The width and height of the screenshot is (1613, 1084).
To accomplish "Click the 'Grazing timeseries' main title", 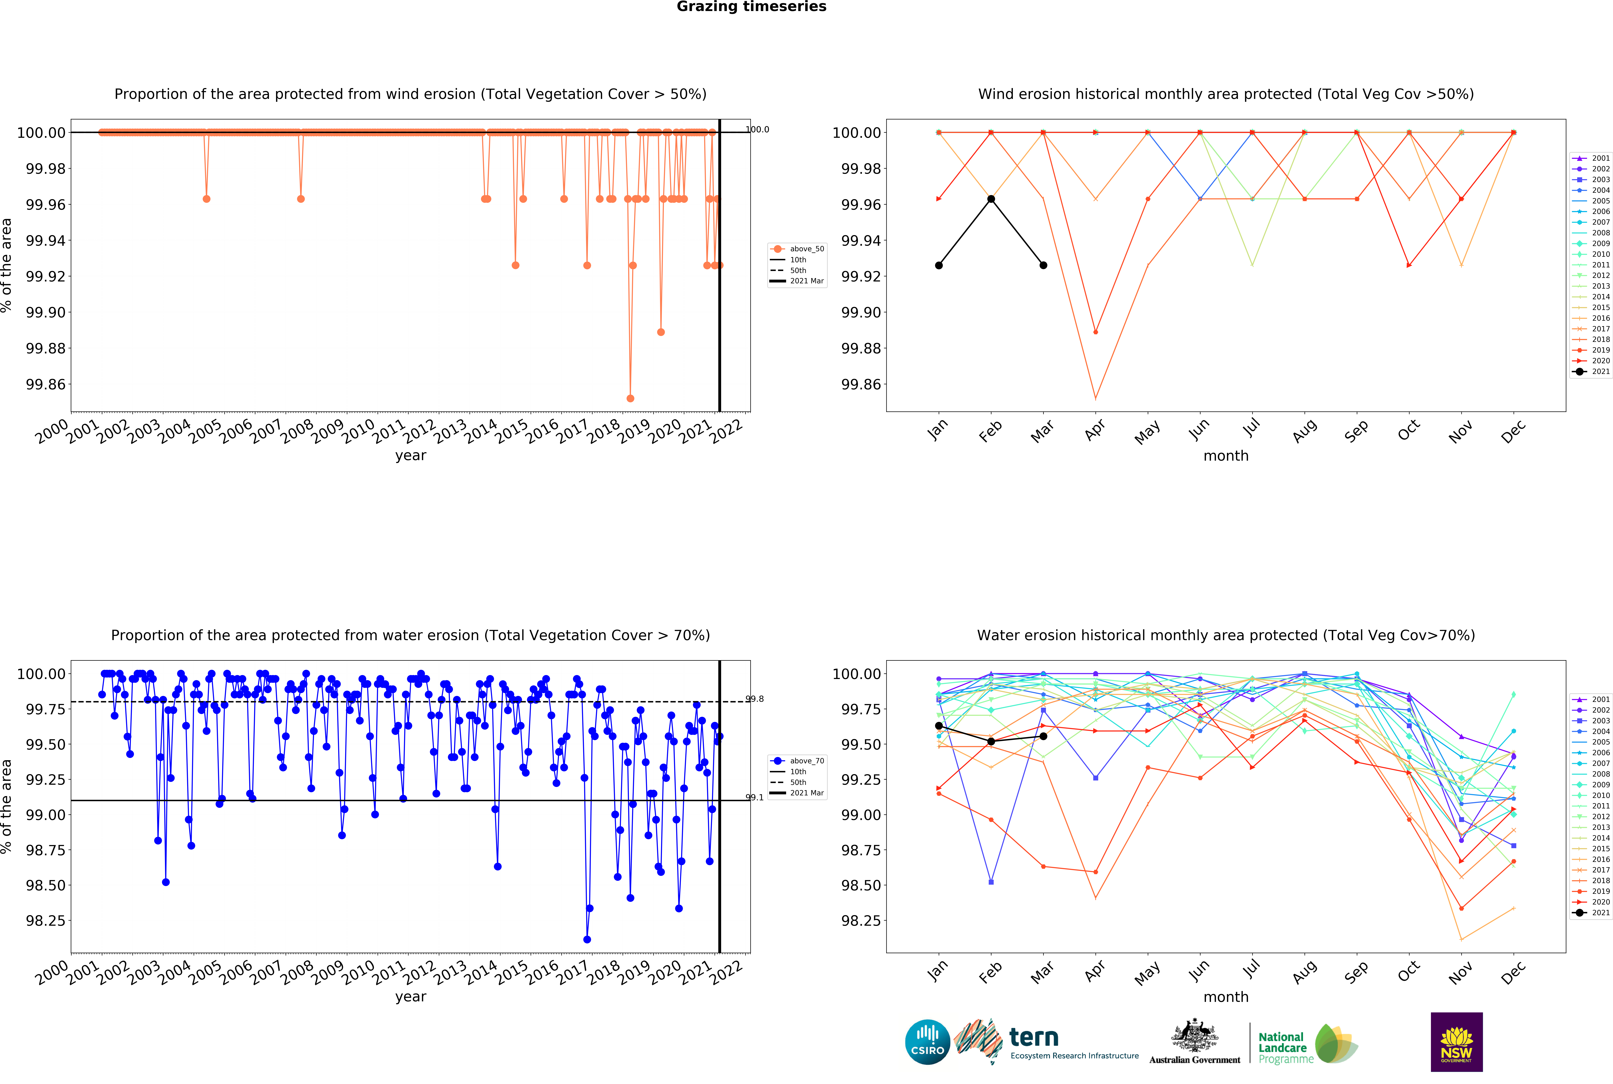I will [751, 7].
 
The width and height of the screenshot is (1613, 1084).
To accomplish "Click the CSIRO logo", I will [927, 1041].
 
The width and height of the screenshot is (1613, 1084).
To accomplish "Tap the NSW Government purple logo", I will [1456, 1041].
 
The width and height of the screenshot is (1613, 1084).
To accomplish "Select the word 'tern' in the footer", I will [1034, 1037].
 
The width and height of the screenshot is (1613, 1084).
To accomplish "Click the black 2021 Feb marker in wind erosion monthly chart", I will [991, 199].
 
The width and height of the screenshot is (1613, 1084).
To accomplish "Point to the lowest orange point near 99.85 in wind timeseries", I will [630, 398].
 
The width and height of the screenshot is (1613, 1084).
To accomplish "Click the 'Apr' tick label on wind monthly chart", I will [1094, 431].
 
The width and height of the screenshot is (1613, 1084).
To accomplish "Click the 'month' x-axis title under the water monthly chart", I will [1226, 997].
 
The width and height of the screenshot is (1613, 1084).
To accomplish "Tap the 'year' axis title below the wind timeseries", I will [411, 456].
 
